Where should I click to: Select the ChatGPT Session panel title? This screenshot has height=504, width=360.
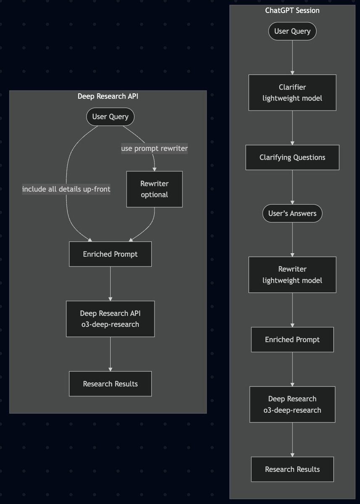(x=292, y=10)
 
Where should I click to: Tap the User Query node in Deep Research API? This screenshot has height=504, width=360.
(x=110, y=117)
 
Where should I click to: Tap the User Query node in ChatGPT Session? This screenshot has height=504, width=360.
(x=292, y=31)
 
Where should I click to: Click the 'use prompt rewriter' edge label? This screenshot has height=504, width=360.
(x=154, y=148)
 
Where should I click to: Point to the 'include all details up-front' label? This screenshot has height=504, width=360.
(x=66, y=189)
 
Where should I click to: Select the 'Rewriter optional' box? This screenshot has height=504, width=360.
(x=154, y=189)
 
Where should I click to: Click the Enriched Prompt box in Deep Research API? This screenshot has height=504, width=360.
(x=110, y=254)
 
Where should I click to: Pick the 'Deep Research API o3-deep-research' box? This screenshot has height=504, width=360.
(x=110, y=319)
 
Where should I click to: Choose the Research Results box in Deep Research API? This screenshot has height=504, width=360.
(x=110, y=383)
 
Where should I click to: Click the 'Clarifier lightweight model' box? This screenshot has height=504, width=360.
(x=292, y=93)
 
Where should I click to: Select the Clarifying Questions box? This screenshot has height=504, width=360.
(x=292, y=157)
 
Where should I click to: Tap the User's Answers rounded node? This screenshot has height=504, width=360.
(x=292, y=213)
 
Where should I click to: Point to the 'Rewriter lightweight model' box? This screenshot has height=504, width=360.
(x=292, y=275)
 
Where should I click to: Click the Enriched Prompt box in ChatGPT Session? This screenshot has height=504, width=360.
(x=292, y=339)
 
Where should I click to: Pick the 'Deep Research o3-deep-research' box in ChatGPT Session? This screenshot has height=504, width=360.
(x=292, y=404)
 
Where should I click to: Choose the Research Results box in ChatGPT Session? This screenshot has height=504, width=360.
(x=292, y=469)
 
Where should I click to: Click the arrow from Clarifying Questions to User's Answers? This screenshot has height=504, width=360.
(x=292, y=187)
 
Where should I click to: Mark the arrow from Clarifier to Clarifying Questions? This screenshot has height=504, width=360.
(x=292, y=128)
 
